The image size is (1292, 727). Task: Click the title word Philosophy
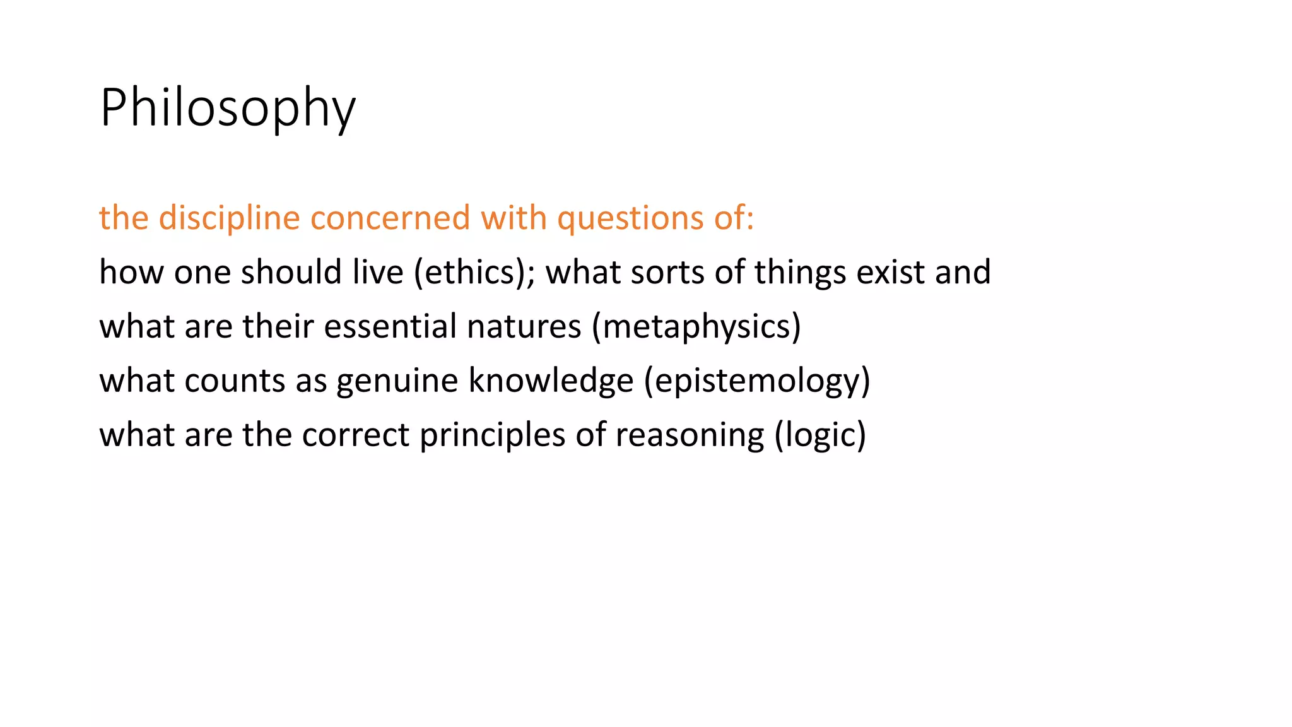tap(228, 108)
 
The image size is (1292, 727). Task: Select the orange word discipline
tap(229, 218)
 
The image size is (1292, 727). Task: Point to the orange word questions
tap(630, 218)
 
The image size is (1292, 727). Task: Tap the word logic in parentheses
tap(820, 435)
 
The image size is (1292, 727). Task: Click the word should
tap(291, 272)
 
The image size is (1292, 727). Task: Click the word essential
tap(390, 326)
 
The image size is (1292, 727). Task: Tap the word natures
tap(524, 326)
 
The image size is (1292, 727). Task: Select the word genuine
tap(397, 381)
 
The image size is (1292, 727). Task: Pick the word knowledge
tap(551, 381)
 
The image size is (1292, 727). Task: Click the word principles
tap(492, 435)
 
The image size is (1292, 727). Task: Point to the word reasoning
tap(690, 435)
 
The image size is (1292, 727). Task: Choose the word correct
tap(356, 435)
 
